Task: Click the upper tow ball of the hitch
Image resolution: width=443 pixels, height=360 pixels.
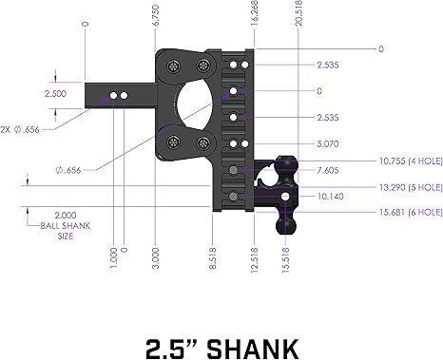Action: (x=284, y=166)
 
